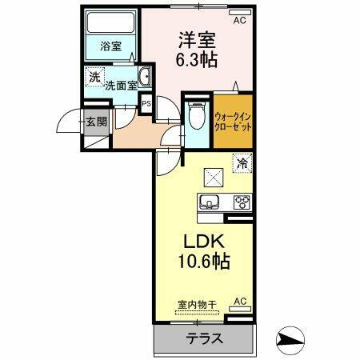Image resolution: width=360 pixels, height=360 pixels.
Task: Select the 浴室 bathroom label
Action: point(110,46)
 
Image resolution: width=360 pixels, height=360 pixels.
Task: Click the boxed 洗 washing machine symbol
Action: point(94,78)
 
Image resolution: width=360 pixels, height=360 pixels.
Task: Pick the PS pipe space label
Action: point(146,103)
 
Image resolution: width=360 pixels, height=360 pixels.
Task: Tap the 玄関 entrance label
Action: point(96,122)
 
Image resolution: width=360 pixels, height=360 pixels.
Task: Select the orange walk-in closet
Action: point(234,120)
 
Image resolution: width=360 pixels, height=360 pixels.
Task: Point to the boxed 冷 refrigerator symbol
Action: point(241,162)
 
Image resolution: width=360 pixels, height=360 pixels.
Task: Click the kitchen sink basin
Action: point(210,202)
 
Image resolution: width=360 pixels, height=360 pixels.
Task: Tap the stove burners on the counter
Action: point(241,202)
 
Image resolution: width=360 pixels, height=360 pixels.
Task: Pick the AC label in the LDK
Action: point(238,302)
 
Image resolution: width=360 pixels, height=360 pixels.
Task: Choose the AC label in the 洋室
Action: point(238,22)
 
